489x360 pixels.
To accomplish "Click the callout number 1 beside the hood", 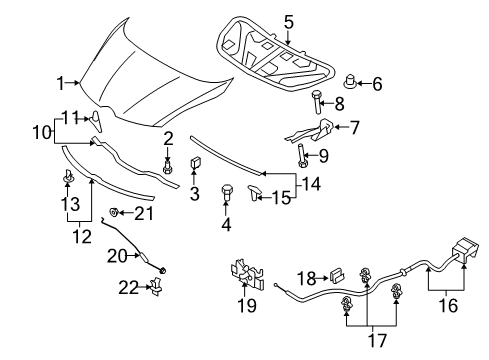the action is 60,83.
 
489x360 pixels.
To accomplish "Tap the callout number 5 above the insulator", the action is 289,22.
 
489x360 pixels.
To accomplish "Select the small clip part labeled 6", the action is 350,81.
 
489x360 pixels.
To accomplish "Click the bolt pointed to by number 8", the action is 316,102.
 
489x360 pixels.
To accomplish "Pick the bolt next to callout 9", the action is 301,156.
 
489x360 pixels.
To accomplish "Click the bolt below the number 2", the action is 168,167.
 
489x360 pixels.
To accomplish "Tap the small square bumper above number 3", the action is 194,162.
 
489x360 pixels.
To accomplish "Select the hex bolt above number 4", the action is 227,192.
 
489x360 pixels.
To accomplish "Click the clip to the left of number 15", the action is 254,193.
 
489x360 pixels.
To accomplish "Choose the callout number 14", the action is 310,184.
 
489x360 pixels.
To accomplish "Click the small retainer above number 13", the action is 68,176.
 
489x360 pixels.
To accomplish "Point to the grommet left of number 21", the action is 114,212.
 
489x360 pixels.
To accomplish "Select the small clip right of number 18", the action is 337,275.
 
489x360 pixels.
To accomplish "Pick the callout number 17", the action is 377,340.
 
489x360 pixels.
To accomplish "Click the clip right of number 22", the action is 156,286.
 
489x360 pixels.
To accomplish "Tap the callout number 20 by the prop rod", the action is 117,256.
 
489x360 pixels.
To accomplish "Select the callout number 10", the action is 42,133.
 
